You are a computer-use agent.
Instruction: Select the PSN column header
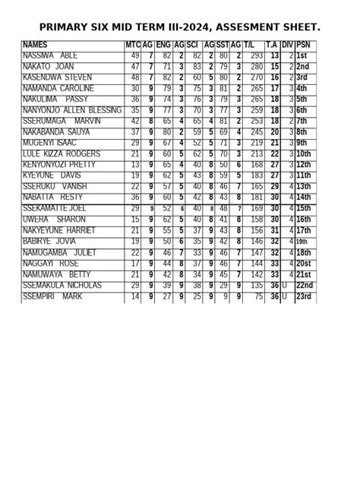pyautogui.click(x=304, y=46)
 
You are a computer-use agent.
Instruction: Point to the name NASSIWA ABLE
pyautogui.click(x=50, y=56)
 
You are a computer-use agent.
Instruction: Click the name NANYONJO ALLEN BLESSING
pyautogui.click(x=72, y=111)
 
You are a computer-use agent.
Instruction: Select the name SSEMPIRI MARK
pyautogui.click(x=52, y=297)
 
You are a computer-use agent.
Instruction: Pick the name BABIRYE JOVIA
pyautogui.click(x=50, y=242)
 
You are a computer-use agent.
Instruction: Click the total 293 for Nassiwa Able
pyautogui.click(x=257, y=56)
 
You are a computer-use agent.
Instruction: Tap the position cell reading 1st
pyautogui.click(x=302, y=56)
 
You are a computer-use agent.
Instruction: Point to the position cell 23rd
pyautogui.click(x=305, y=297)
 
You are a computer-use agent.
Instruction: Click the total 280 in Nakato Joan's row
pyautogui.click(x=257, y=67)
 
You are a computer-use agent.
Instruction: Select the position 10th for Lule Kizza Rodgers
pyautogui.click(x=305, y=154)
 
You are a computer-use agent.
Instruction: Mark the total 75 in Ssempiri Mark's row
pyautogui.click(x=259, y=297)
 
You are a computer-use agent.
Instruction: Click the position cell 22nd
pyautogui.click(x=305, y=286)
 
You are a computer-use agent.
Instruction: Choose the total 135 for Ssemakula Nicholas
pyautogui.click(x=257, y=286)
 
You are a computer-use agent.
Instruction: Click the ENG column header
pyautogui.click(x=163, y=46)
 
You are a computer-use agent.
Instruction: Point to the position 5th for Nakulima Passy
pyautogui.click(x=302, y=99)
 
